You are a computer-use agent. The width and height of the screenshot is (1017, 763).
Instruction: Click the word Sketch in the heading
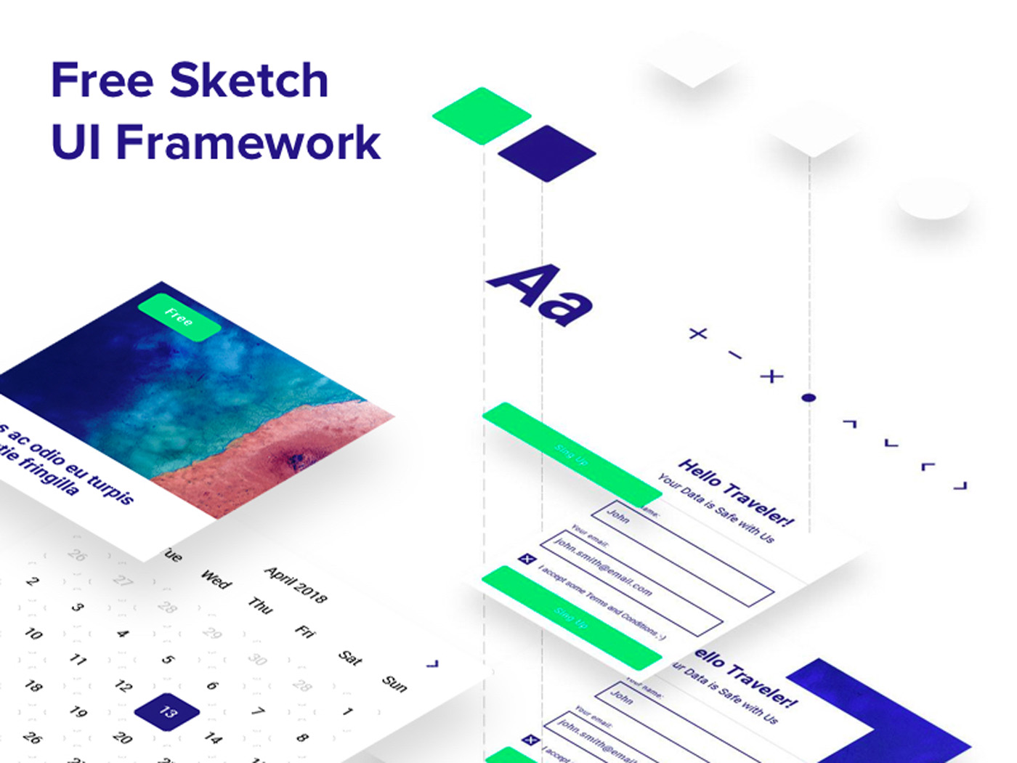249,80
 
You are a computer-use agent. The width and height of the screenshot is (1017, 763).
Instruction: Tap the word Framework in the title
248,142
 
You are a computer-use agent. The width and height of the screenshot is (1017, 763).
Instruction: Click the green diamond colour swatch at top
482,116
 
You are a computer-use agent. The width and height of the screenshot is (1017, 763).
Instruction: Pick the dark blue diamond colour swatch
547,153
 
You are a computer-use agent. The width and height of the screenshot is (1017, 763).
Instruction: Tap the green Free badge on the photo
179,318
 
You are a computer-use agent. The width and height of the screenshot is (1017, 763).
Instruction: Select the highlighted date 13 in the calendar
168,711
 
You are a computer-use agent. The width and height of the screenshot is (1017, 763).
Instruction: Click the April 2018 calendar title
296,584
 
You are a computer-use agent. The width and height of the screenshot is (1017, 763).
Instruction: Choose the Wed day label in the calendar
216,579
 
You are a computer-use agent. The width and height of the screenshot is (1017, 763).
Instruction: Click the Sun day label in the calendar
394,683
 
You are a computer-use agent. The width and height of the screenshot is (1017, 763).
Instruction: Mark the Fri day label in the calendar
305,631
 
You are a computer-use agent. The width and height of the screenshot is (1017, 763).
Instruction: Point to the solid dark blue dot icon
809,397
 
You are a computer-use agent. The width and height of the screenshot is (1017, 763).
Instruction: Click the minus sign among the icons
735,355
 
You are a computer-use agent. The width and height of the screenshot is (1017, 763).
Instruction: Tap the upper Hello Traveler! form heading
736,492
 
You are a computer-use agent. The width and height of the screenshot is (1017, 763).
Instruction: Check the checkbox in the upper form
527,559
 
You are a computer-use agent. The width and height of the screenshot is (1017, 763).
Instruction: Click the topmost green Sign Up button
572,455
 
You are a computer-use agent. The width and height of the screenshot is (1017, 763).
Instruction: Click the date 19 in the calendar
78,711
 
